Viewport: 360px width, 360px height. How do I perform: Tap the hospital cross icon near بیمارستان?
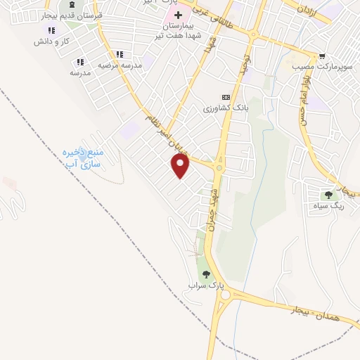tap(179, 15)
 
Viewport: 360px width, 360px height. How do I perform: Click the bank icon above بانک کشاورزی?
tap(226, 97)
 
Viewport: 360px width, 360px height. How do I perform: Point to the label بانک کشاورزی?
tap(226, 108)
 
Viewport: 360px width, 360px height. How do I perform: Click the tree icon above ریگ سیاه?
tap(328, 195)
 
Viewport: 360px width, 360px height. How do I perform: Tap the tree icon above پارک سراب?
tap(206, 275)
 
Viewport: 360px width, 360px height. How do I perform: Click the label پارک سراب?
tap(205, 286)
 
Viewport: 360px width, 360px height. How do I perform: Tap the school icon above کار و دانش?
tap(51, 31)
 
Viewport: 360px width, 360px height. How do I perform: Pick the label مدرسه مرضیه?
tap(120, 65)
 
